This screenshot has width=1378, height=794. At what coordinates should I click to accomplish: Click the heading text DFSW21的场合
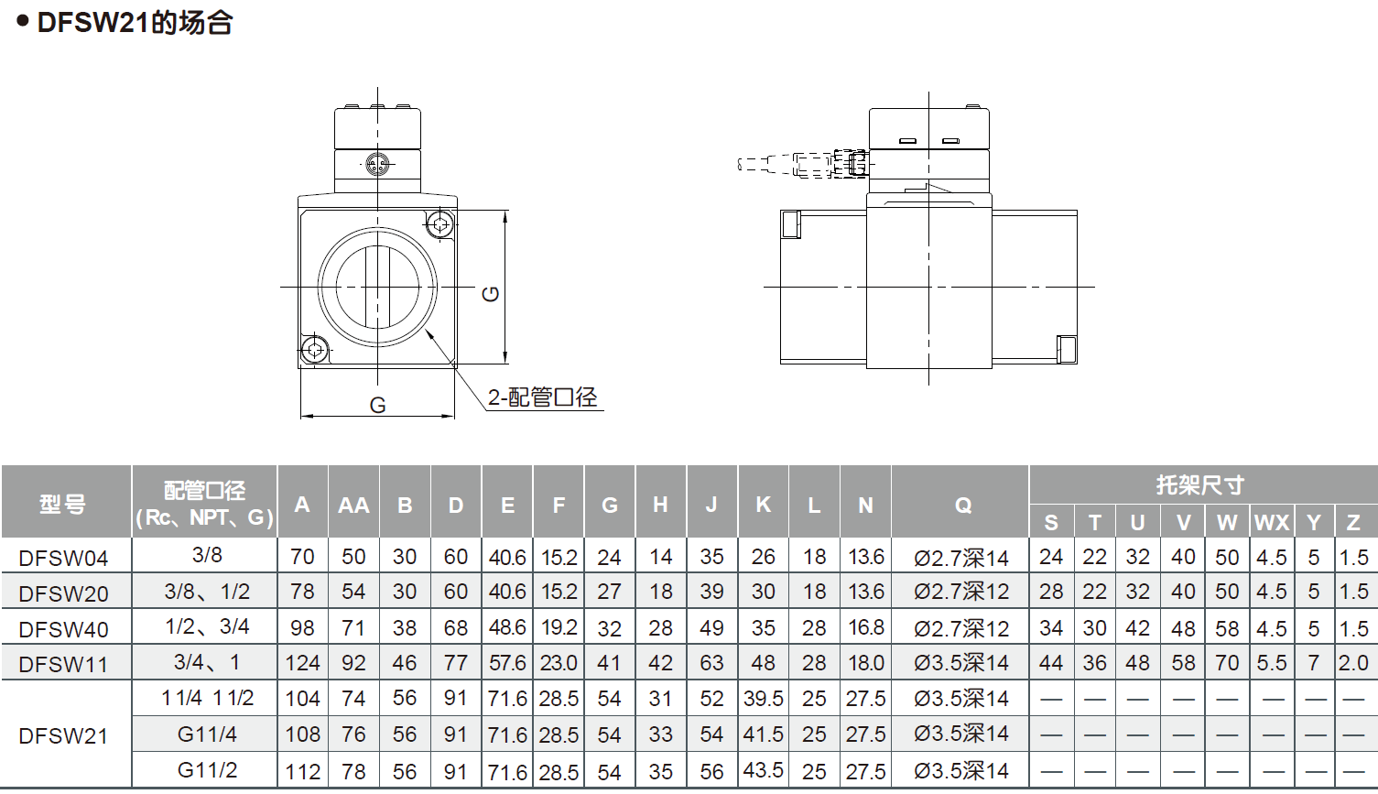pos(134,22)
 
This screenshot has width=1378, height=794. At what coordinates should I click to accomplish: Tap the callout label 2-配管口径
pos(542,397)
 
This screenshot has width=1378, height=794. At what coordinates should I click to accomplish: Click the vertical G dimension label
pos(491,294)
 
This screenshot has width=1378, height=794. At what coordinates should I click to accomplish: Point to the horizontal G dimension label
pos(377,405)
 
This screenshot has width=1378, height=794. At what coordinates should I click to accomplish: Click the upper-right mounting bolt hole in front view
pos(440,223)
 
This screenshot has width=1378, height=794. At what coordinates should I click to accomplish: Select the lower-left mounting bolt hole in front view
pos(315,349)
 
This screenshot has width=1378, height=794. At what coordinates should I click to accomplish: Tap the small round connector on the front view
pos(377,165)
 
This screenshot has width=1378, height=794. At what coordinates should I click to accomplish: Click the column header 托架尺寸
pos(1199,484)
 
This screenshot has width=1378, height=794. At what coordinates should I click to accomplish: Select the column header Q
pos(962,505)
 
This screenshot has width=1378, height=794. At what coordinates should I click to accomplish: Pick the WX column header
pos(1271,522)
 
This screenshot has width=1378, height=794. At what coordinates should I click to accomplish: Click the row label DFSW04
pos(63,558)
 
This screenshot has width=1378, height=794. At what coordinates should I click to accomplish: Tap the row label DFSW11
pos(63,664)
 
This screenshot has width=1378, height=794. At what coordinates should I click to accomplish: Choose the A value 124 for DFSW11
pos(302,663)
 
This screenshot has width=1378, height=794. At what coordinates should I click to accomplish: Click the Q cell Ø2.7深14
pos(961,557)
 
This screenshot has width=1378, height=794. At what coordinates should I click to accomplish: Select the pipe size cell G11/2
pos(207,770)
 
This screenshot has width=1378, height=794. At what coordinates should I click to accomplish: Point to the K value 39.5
pos(763,699)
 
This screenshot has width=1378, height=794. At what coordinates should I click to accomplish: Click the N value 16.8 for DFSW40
pos(865,627)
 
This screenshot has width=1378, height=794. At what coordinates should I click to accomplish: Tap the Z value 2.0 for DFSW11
pos(1353,663)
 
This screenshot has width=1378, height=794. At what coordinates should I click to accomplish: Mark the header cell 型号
pos(63,504)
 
